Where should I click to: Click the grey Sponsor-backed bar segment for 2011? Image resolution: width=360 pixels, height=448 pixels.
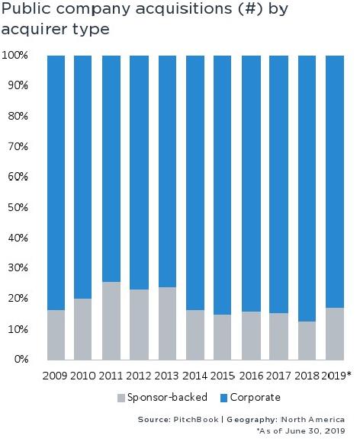click(x=112, y=321)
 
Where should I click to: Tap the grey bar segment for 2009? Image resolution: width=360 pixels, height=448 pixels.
click(x=56, y=334)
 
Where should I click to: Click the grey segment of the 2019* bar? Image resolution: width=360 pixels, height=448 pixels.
click(x=334, y=334)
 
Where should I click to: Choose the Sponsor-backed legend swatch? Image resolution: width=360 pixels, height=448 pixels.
click(x=121, y=398)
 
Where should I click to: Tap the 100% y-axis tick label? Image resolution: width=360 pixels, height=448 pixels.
click(x=15, y=56)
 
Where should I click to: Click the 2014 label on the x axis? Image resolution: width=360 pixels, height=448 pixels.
click(x=194, y=376)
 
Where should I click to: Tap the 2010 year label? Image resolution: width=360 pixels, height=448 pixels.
click(x=84, y=376)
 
